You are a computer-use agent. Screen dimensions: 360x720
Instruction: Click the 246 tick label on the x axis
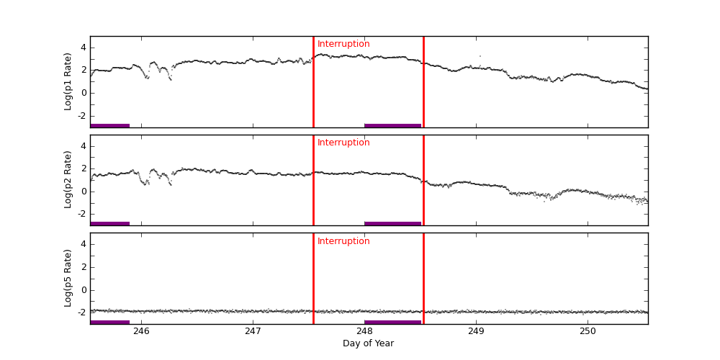141,331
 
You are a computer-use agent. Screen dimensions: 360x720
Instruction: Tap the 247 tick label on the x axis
253,331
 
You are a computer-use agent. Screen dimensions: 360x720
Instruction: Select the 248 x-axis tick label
364,331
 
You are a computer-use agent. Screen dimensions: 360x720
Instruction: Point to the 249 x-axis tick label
476,331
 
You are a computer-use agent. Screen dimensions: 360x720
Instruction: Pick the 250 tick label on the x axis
588,331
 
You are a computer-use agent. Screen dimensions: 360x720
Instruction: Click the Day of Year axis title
368,343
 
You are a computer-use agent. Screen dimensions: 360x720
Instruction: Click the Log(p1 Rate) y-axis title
68,81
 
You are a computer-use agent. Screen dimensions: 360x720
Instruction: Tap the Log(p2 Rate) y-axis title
68,180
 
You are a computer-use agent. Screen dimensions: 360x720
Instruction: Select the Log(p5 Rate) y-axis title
68,278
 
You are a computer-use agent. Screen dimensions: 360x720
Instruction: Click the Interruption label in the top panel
343,44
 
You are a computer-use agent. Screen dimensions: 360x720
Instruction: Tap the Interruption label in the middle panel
343,143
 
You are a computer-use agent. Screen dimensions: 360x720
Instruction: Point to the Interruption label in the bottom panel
343,241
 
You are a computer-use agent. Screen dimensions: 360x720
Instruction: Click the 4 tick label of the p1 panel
83,48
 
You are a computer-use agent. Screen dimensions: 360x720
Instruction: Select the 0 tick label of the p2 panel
83,191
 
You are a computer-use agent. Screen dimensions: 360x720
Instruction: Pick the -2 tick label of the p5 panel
81,312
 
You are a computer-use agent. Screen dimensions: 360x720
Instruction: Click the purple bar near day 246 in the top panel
109,125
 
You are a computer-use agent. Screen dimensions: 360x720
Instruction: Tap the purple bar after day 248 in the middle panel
392,223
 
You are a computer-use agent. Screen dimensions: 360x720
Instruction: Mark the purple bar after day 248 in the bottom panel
392,322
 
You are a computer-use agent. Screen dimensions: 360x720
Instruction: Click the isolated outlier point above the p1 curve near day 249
480,56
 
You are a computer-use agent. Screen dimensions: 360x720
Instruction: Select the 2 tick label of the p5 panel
83,267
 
